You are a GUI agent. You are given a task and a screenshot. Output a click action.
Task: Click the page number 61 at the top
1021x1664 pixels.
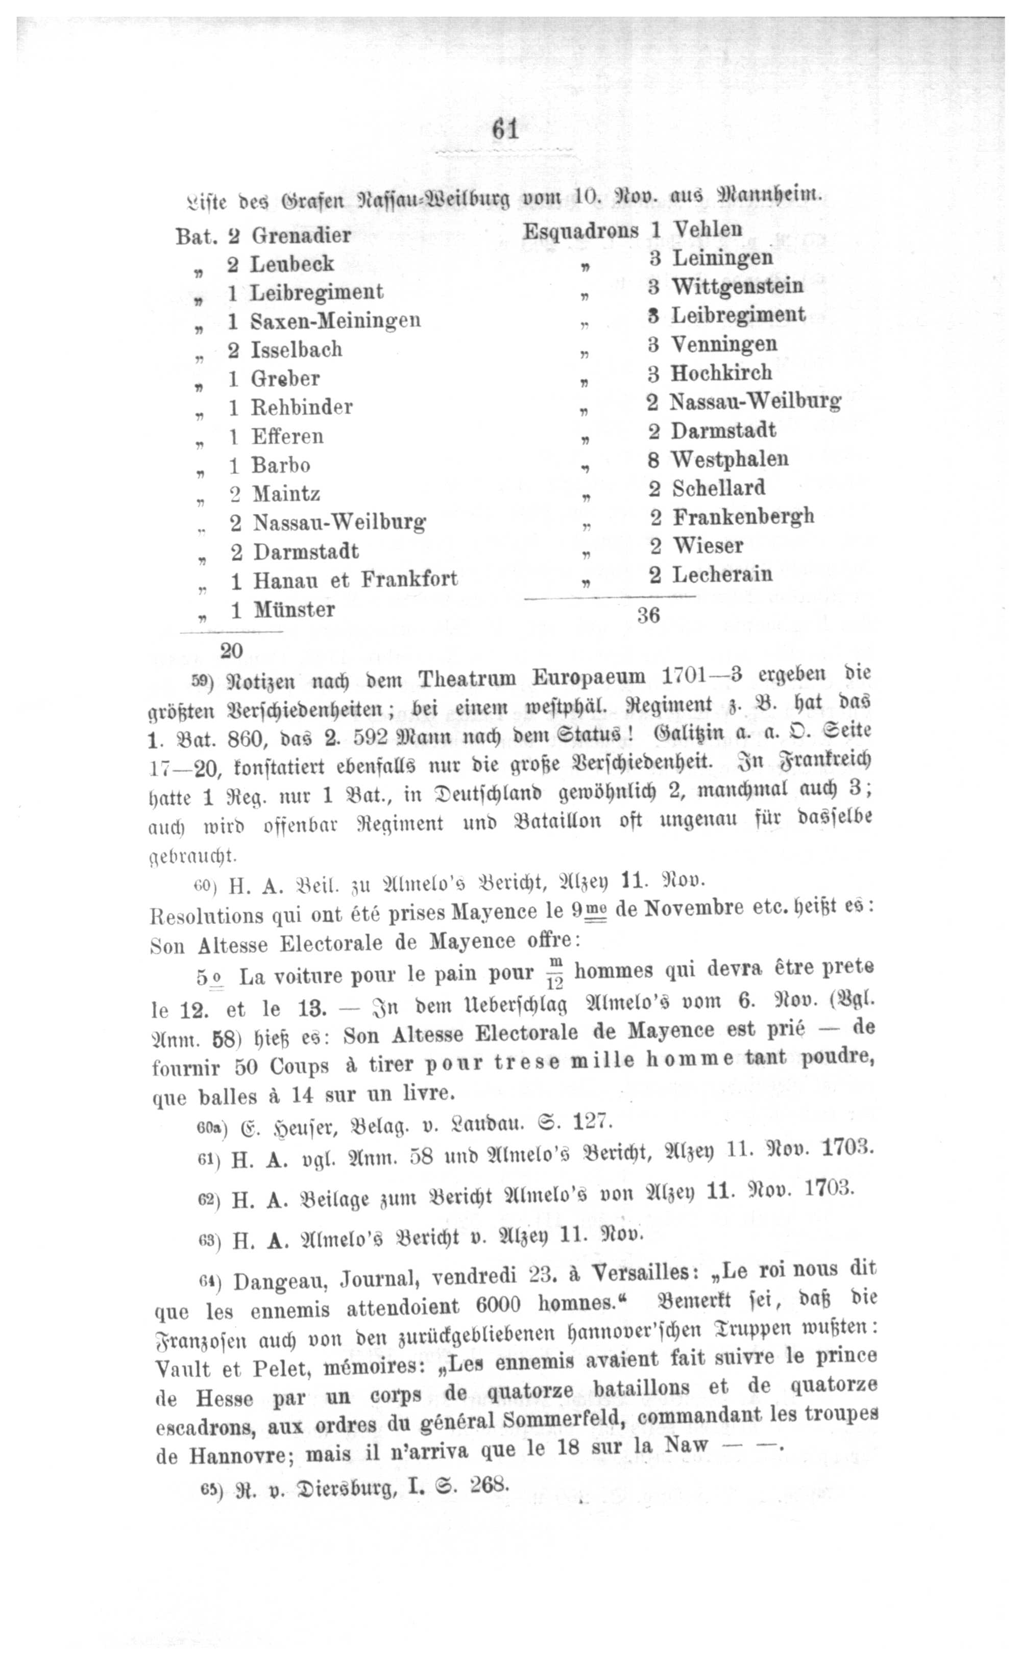click(505, 129)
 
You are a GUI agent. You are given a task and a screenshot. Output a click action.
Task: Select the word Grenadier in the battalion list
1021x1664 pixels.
click(301, 236)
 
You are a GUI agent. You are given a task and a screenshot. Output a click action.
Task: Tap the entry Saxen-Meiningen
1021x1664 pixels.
click(335, 320)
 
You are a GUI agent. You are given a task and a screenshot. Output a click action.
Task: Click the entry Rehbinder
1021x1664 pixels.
click(301, 407)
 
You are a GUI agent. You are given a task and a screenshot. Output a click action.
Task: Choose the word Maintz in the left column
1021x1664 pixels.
click(286, 494)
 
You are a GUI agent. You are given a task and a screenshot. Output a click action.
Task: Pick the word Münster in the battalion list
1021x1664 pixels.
click(294, 610)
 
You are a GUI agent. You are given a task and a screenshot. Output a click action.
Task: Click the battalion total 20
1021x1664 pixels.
click(231, 650)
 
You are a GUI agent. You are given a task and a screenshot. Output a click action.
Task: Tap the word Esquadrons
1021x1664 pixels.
click(580, 231)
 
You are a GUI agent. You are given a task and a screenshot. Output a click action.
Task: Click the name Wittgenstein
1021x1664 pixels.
click(737, 286)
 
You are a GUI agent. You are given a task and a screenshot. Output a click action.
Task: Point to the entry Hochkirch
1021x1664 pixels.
click(721, 373)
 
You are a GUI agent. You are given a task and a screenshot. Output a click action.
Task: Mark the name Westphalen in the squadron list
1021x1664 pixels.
click(729, 459)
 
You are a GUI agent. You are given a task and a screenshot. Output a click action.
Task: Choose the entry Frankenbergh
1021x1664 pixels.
click(743, 517)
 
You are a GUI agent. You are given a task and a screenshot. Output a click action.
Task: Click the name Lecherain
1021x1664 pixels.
click(722, 575)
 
